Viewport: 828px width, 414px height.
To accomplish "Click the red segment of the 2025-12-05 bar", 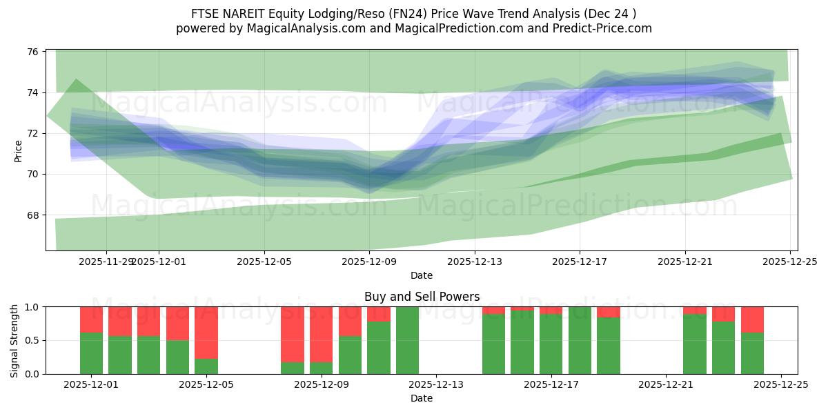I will coord(206,332).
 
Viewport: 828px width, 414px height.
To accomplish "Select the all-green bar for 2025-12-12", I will coord(407,340).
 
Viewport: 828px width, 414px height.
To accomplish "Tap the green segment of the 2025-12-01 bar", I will coord(91,353).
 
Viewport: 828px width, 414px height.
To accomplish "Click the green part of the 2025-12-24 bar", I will coord(752,353).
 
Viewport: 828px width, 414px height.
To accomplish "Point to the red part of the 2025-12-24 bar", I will coord(752,319).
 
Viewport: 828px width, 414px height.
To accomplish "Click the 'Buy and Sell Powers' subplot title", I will coord(422,297).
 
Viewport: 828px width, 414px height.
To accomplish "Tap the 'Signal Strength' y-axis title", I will coord(14,340).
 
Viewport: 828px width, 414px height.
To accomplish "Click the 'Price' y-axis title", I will coord(18,151).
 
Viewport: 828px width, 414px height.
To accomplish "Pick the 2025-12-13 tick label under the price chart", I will coord(475,262).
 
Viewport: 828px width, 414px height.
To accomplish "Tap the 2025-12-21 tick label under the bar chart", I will coord(666,385).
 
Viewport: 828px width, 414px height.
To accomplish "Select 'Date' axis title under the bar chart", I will coord(422,398).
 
